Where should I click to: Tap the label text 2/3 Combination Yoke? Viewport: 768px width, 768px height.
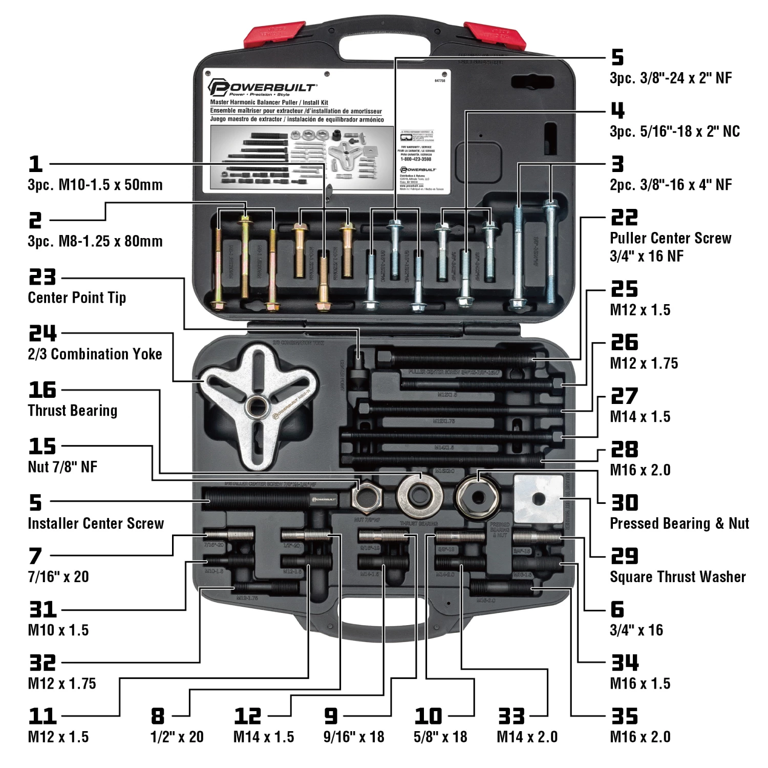pos(95,354)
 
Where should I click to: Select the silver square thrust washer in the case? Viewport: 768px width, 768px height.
pos(538,499)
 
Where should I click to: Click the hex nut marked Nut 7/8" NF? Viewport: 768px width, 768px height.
pos(367,497)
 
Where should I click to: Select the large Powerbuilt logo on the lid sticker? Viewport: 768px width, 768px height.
pos(262,88)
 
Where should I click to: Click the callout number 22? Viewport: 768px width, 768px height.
pos(624,217)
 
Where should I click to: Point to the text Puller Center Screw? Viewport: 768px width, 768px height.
pos(670,238)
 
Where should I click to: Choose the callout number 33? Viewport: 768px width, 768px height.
pos(511,716)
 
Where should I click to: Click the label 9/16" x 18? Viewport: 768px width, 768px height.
pos(353,737)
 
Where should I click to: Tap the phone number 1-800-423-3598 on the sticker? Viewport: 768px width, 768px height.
pos(416,159)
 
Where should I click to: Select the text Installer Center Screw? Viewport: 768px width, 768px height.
pos(96,523)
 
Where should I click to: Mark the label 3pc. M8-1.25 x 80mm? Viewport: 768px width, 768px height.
pos(95,241)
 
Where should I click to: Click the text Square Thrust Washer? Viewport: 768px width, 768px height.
pos(677,577)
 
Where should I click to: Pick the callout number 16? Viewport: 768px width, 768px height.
pos(42,390)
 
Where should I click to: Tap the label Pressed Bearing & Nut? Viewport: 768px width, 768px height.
pos(679,523)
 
